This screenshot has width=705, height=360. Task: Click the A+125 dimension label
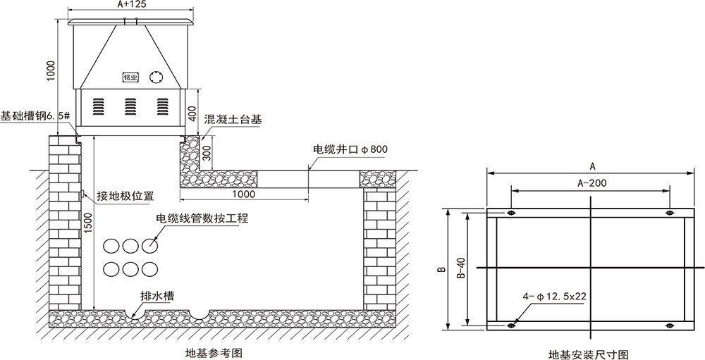click(130, 4)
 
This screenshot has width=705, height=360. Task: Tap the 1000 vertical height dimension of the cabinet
click(51, 70)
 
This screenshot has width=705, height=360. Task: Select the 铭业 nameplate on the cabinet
click(130, 77)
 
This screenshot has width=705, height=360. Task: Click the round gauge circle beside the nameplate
click(157, 77)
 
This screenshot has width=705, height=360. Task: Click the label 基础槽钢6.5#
click(35, 116)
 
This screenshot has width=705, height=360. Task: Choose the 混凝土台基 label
click(233, 119)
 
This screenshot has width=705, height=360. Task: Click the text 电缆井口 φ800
click(350, 149)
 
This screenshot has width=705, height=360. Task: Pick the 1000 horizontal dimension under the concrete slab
click(244, 194)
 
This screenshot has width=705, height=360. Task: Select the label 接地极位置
click(125, 196)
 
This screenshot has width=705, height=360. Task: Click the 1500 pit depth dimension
click(88, 223)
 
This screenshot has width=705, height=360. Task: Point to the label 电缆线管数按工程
click(202, 218)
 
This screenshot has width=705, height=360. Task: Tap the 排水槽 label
click(157, 296)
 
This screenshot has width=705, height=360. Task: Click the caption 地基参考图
click(214, 353)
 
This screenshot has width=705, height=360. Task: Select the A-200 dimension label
click(592, 183)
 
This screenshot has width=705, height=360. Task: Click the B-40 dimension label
click(461, 268)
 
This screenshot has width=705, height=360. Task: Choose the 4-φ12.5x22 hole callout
click(554, 297)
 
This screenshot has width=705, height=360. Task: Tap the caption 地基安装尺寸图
click(589, 354)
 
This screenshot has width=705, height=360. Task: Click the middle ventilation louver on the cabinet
click(130, 106)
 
